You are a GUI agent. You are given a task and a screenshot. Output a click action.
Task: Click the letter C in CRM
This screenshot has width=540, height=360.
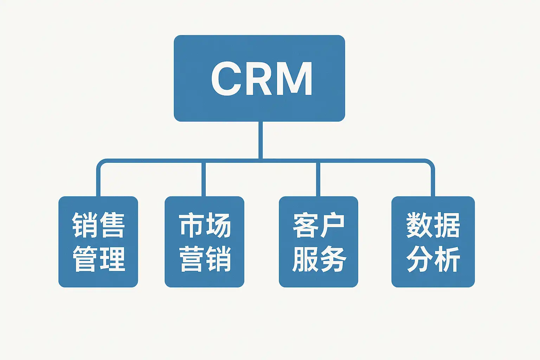click(226, 79)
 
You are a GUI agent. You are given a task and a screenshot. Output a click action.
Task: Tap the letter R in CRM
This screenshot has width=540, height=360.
click(259, 79)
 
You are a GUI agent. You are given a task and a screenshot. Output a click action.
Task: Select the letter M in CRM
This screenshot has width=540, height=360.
click(296, 79)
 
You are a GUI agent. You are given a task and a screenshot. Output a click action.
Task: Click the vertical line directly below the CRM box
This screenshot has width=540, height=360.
click(260, 140)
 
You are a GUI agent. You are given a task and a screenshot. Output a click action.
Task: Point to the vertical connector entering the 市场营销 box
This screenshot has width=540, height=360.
click(204, 179)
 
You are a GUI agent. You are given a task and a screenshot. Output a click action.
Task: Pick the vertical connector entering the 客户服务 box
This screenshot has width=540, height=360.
click(318, 179)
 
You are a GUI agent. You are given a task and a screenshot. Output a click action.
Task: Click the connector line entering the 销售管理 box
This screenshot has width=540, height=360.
click(98, 181)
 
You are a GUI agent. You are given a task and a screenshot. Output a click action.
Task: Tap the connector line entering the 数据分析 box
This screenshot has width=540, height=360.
click(433, 181)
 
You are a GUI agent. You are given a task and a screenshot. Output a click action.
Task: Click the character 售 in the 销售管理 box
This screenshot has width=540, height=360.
click(112, 225)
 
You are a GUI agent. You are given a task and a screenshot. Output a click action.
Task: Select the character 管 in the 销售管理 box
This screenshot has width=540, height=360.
click(85, 259)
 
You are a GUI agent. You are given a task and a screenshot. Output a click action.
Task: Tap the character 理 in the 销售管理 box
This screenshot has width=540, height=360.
click(112, 259)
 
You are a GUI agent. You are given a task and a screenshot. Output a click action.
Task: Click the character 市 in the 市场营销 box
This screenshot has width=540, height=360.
click(191, 225)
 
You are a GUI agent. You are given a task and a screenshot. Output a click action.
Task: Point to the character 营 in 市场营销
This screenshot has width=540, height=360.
click(191, 259)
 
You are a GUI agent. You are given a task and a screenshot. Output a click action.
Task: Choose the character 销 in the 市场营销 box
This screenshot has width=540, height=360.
click(218, 259)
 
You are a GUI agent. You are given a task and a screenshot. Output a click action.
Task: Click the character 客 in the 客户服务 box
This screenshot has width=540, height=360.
click(305, 225)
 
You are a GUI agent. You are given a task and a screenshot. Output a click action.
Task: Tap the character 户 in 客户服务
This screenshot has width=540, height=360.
click(332, 225)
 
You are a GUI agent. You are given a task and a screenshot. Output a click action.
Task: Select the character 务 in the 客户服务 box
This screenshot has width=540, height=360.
click(332, 259)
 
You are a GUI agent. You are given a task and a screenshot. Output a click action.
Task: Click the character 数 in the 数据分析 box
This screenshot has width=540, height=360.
click(419, 225)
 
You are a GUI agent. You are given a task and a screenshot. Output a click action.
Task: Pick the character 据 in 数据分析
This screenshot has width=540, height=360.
click(447, 225)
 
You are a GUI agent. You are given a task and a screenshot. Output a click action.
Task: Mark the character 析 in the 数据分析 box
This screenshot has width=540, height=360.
click(447, 259)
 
